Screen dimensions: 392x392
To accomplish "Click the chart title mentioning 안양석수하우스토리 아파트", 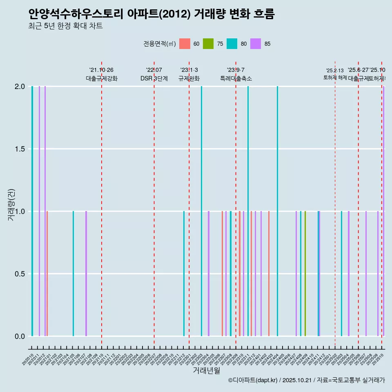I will pos(151,14).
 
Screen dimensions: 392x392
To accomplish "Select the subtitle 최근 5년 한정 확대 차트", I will pos(65,27).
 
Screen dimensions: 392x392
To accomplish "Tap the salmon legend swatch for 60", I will pos(185,44).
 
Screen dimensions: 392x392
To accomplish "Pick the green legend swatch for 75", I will pos(208,44).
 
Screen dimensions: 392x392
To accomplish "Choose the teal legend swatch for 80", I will pos(232,44).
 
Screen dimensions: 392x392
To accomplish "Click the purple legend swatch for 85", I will pos(256,44).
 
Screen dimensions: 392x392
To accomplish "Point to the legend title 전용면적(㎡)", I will pos(160,44).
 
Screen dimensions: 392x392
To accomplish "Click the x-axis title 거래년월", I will pos(207,370).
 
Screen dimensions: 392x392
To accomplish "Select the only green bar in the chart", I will pos(305,274).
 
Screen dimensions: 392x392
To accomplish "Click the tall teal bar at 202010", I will pos(32,211).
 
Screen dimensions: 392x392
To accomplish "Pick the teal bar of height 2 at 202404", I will pos(277,211).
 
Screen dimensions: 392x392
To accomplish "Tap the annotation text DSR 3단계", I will pos(154,78).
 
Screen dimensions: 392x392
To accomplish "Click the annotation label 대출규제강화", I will pos(102,78).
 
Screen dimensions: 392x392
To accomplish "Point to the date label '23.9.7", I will pos(236,70).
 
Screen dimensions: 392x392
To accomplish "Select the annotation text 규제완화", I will pos(189,78).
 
